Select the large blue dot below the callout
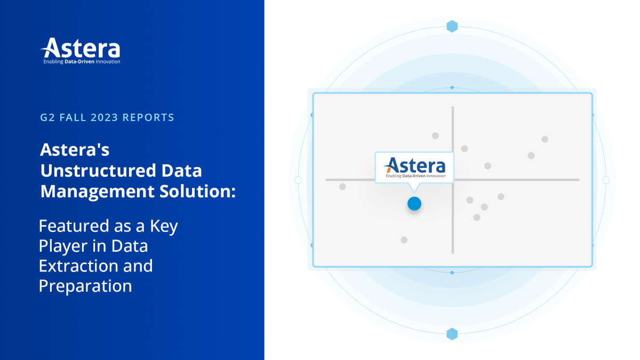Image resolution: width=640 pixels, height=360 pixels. [x=414, y=203]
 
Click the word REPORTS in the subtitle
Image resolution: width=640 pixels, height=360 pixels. [x=148, y=117]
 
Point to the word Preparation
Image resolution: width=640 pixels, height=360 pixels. [x=85, y=286]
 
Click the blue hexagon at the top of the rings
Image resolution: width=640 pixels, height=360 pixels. [x=452, y=26]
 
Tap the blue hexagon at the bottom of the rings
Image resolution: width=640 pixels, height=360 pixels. [x=452, y=334]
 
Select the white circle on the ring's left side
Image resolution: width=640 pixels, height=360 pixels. [x=298, y=180]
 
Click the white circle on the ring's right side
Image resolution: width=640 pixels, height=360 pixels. [x=606, y=180]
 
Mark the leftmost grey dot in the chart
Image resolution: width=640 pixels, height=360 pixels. [x=342, y=187]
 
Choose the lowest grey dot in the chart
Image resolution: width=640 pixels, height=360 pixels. [x=404, y=240]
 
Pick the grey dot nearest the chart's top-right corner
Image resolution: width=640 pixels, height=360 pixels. [x=545, y=139]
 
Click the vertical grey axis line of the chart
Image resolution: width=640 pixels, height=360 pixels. [x=452, y=224]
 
